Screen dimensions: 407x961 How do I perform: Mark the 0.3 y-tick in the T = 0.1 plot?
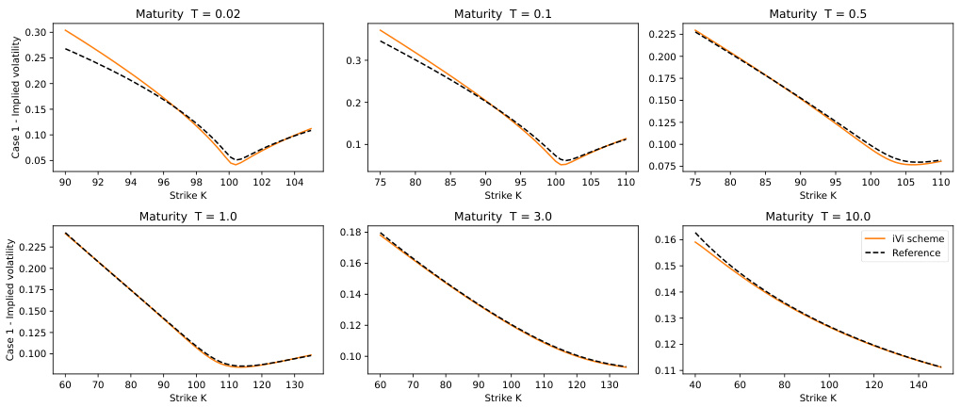[354, 59]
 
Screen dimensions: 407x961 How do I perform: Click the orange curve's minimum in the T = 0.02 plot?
[234, 165]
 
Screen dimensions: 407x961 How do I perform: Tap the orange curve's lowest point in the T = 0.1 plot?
[562, 165]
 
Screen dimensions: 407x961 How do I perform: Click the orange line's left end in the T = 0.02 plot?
[65, 30]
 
